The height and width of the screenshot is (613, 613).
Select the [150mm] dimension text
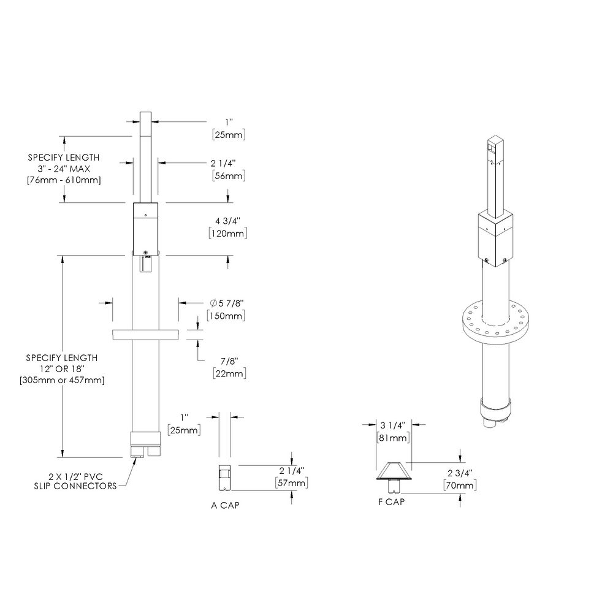click(x=228, y=316)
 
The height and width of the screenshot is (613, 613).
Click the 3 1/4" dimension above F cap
click(x=392, y=425)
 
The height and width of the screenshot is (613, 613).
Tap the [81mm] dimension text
click(x=392, y=438)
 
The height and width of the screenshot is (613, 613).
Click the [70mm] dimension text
click(x=459, y=486)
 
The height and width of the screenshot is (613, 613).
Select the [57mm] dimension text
click(x=291, y=484)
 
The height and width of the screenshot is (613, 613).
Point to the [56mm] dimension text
click(x=228, y=176)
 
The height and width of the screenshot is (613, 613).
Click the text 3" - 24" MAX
click(x=64, y=169)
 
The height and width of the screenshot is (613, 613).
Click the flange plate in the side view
click(x=145, y=335)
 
